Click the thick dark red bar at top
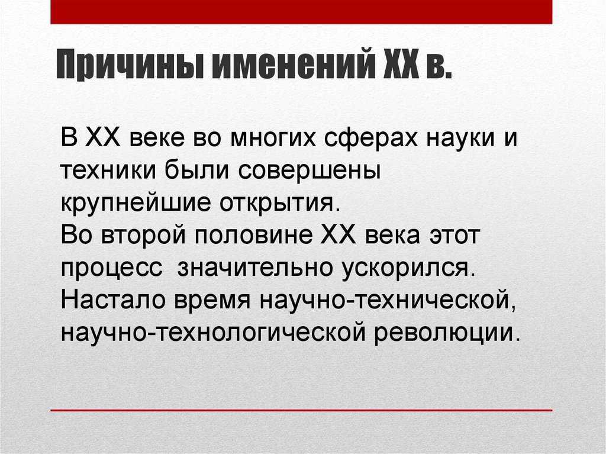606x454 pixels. click(301, 12)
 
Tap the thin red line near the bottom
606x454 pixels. click(301, 410)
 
